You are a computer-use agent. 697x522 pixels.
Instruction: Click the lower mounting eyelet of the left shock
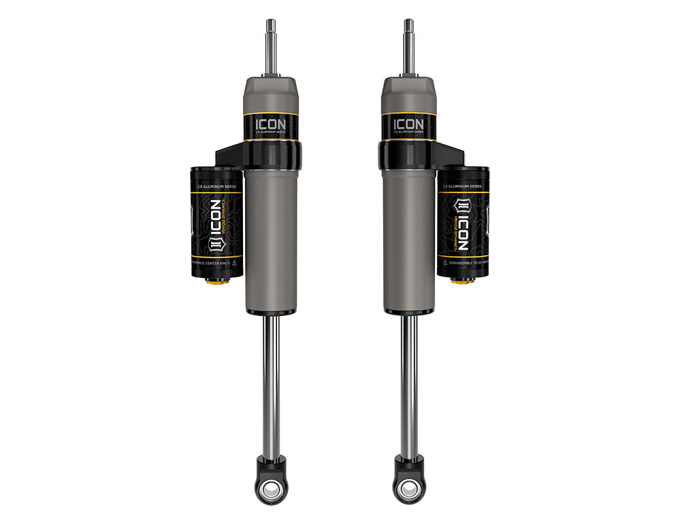[272, 489]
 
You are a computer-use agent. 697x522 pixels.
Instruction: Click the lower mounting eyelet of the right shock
[408, 489]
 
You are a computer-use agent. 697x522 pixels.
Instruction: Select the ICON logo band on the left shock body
[271, 126]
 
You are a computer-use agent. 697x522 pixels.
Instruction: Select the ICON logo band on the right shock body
[408, 126]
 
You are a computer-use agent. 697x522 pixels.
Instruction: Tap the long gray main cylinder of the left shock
[271, 238]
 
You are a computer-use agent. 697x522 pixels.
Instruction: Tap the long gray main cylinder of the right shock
[408, 238]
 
